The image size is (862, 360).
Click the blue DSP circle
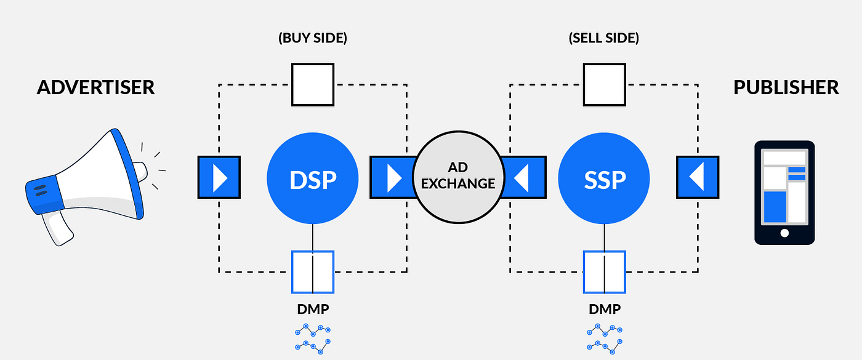pyautogui.click(x=313, y=178)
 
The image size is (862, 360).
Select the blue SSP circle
pyautogui.click(x=604, y=178)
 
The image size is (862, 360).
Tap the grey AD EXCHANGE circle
pyautogui.click(x=458, y=177)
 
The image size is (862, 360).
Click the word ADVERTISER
pyautogui.click(x=96, y=87)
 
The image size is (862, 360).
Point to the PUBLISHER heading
pyautogui.click(x=786, y=87)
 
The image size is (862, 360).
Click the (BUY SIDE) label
pyautogui.click(x=313, y=38)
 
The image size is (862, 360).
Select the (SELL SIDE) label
pyautogui.click(x=604, y=38)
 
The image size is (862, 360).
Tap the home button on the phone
pyautogui.click(x=784, y=233)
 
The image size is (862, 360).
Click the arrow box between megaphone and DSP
pyautogui.click(x=219, y=177)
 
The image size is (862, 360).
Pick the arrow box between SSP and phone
pyautogui.click(x=698, y=177)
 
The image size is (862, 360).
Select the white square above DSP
pyautogui.click(x=313, y=85)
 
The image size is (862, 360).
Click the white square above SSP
pyautogui.click(x=605, y=85)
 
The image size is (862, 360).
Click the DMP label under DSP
pyautogui.click(x=313, y=309)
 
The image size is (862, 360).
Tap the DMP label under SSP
pyautogui.click(x=605, y=309)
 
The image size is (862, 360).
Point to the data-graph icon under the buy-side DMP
pyautogui.click(x=313, y=338)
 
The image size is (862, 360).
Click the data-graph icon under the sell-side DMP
pyautogui.click(x=605, y=338)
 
